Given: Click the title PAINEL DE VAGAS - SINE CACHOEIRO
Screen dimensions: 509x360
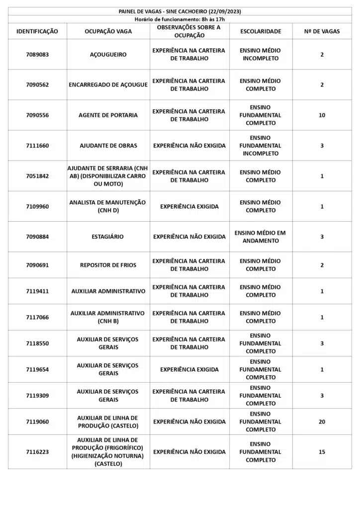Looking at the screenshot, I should tap(180, 11).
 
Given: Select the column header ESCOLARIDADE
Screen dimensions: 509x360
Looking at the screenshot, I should tap(261, 31).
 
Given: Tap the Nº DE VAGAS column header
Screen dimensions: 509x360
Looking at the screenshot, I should tap(322, 31).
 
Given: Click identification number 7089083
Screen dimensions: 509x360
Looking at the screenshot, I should tap(37, 55).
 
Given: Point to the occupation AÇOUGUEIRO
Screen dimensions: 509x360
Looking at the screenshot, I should tap(108, 55).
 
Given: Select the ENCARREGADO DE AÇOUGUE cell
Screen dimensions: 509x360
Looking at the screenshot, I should tap(108, 85).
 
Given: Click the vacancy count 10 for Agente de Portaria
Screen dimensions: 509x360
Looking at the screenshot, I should tap(322, 115).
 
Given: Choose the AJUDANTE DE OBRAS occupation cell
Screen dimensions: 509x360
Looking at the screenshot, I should tap(108, 146).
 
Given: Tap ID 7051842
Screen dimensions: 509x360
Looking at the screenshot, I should tap(37, 176).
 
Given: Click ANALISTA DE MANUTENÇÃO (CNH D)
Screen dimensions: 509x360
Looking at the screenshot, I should tap(108, 206).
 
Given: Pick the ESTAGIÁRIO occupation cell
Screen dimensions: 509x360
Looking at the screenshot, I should tap(108, 237).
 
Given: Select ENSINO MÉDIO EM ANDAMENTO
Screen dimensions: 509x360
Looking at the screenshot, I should tap(261, 237).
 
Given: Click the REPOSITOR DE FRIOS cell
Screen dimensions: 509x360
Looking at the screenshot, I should tap(108, 265).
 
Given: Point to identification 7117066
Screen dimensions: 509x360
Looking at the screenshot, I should tap(37, 317).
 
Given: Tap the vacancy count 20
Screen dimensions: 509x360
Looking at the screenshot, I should tap(322, 422).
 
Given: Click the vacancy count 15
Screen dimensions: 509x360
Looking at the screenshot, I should tap(322, 452).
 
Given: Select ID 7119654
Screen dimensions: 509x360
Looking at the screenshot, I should tap(37, 369).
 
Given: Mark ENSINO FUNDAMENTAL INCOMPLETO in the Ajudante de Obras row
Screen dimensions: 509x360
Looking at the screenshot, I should tap(261, 146).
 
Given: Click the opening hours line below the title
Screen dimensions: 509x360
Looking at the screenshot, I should tap(180, 19).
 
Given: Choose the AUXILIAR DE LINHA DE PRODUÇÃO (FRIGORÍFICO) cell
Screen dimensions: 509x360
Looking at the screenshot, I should tap(108, 452).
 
